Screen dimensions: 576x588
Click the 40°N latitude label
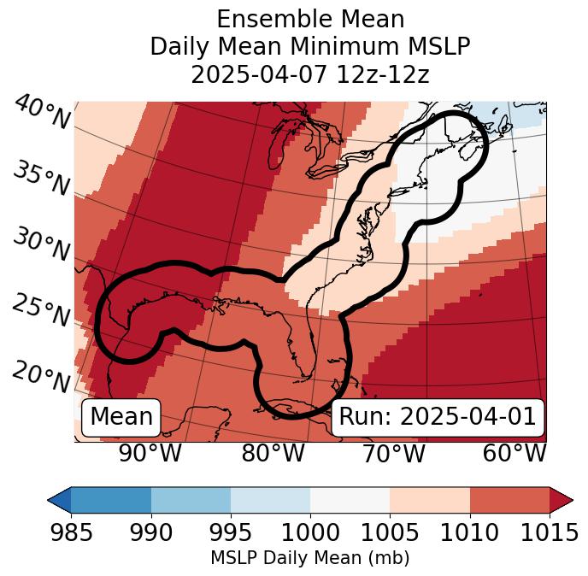click(42, 113)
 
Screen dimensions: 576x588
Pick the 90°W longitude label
click(150, 454)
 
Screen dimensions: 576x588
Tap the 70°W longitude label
click(394, 454)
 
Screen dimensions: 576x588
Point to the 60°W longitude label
click(514, 454)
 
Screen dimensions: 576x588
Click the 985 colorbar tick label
click(71, 533)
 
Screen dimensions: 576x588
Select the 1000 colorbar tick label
click(310, 533)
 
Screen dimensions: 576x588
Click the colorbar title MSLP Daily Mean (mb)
click(310, 559)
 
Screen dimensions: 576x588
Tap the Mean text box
click(121, 417)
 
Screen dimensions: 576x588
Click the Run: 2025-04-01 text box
click(438, 417)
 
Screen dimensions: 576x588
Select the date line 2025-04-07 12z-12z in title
click(310, 74)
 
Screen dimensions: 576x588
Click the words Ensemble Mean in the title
click(310, 19)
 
